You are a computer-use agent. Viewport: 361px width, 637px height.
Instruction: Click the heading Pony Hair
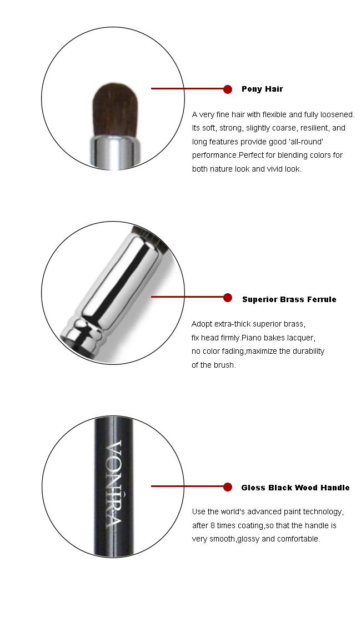262,89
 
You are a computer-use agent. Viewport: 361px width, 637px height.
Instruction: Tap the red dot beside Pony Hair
228,89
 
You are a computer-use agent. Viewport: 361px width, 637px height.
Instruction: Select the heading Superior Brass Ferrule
289,299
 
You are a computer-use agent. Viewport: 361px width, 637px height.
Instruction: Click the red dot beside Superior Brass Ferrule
228,298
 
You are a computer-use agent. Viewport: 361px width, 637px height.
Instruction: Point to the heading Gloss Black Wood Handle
295,488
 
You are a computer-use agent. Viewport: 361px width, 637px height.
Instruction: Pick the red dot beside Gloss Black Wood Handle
228,486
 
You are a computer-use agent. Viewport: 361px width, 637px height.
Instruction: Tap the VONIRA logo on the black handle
114,483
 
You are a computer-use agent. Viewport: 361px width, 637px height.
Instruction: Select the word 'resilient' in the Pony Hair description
315,128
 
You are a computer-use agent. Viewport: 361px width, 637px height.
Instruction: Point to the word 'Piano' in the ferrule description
252,338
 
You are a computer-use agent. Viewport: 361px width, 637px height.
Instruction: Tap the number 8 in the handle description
212,525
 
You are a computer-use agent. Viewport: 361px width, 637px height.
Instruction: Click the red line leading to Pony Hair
187,88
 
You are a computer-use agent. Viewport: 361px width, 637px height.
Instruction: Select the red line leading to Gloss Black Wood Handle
187,486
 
